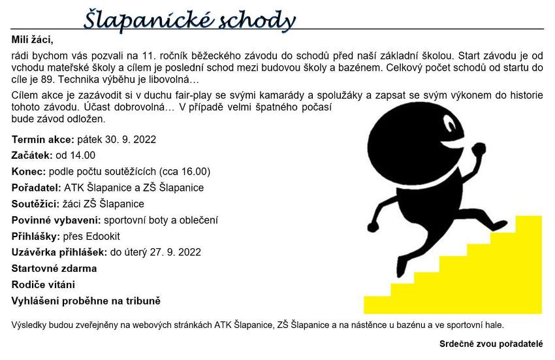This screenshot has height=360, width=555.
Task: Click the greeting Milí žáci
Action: tap(32, 41)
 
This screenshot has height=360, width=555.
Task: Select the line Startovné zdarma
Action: tap(54, 269)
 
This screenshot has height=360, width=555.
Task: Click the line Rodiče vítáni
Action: tap(43, 285)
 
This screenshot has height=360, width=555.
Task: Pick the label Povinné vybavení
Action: tap(56, 220)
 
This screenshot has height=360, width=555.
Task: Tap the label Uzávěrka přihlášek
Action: tap(59, 252)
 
